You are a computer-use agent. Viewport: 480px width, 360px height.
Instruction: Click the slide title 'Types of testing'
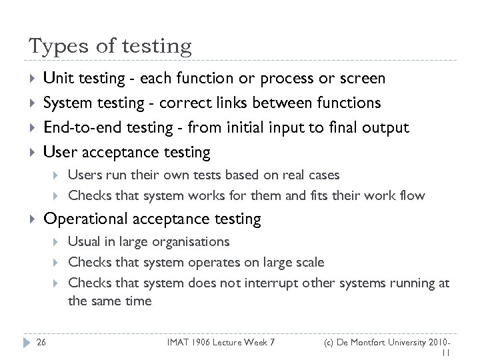pyautogui.click(x=110, y=46)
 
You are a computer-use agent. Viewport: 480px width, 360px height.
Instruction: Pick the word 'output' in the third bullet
pyautogui.click(x=386, y=128)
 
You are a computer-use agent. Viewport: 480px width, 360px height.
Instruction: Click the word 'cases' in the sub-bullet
pyautogui.click(x=323, y=175)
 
